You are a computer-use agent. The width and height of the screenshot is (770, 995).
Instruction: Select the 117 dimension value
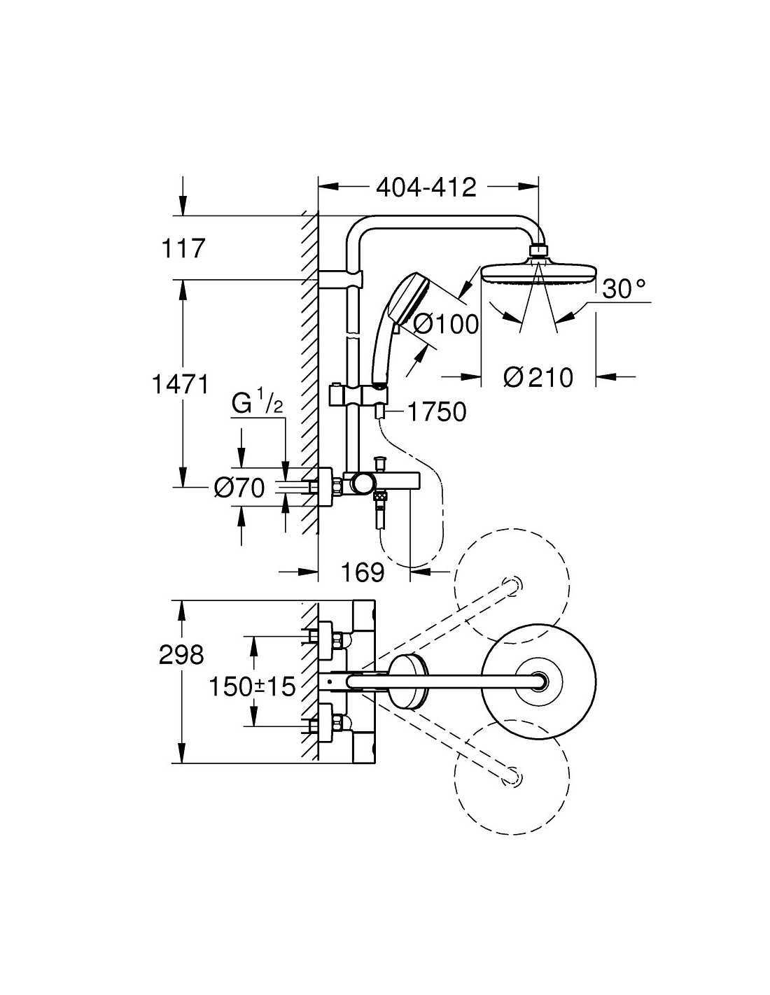click(x=182, y=249)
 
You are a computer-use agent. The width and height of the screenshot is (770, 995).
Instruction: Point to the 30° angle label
click(x=623, y=289)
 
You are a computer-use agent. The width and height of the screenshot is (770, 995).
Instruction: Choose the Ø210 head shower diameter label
click(x=538, y=378)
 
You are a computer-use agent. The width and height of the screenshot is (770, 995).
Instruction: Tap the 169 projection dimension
click(x=363, y=572)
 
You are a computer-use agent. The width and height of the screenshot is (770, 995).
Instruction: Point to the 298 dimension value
click(x=181, y=655)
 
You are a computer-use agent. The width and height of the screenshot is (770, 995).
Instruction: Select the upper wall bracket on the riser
click(x=341, y=279)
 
